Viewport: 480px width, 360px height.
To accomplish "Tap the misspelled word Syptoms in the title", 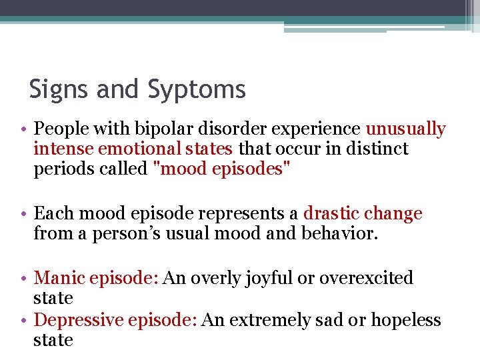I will tap(197, 89).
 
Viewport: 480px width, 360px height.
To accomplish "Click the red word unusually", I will tap(405, 129).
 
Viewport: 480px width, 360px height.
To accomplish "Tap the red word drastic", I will tap(331, 214).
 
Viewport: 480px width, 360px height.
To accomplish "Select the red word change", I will tap(393, 214).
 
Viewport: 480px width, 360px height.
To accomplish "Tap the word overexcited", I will tap(366, 278).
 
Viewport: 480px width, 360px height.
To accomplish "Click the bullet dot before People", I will tap(24, 129).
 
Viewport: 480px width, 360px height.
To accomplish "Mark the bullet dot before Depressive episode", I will tap(24, 321).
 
